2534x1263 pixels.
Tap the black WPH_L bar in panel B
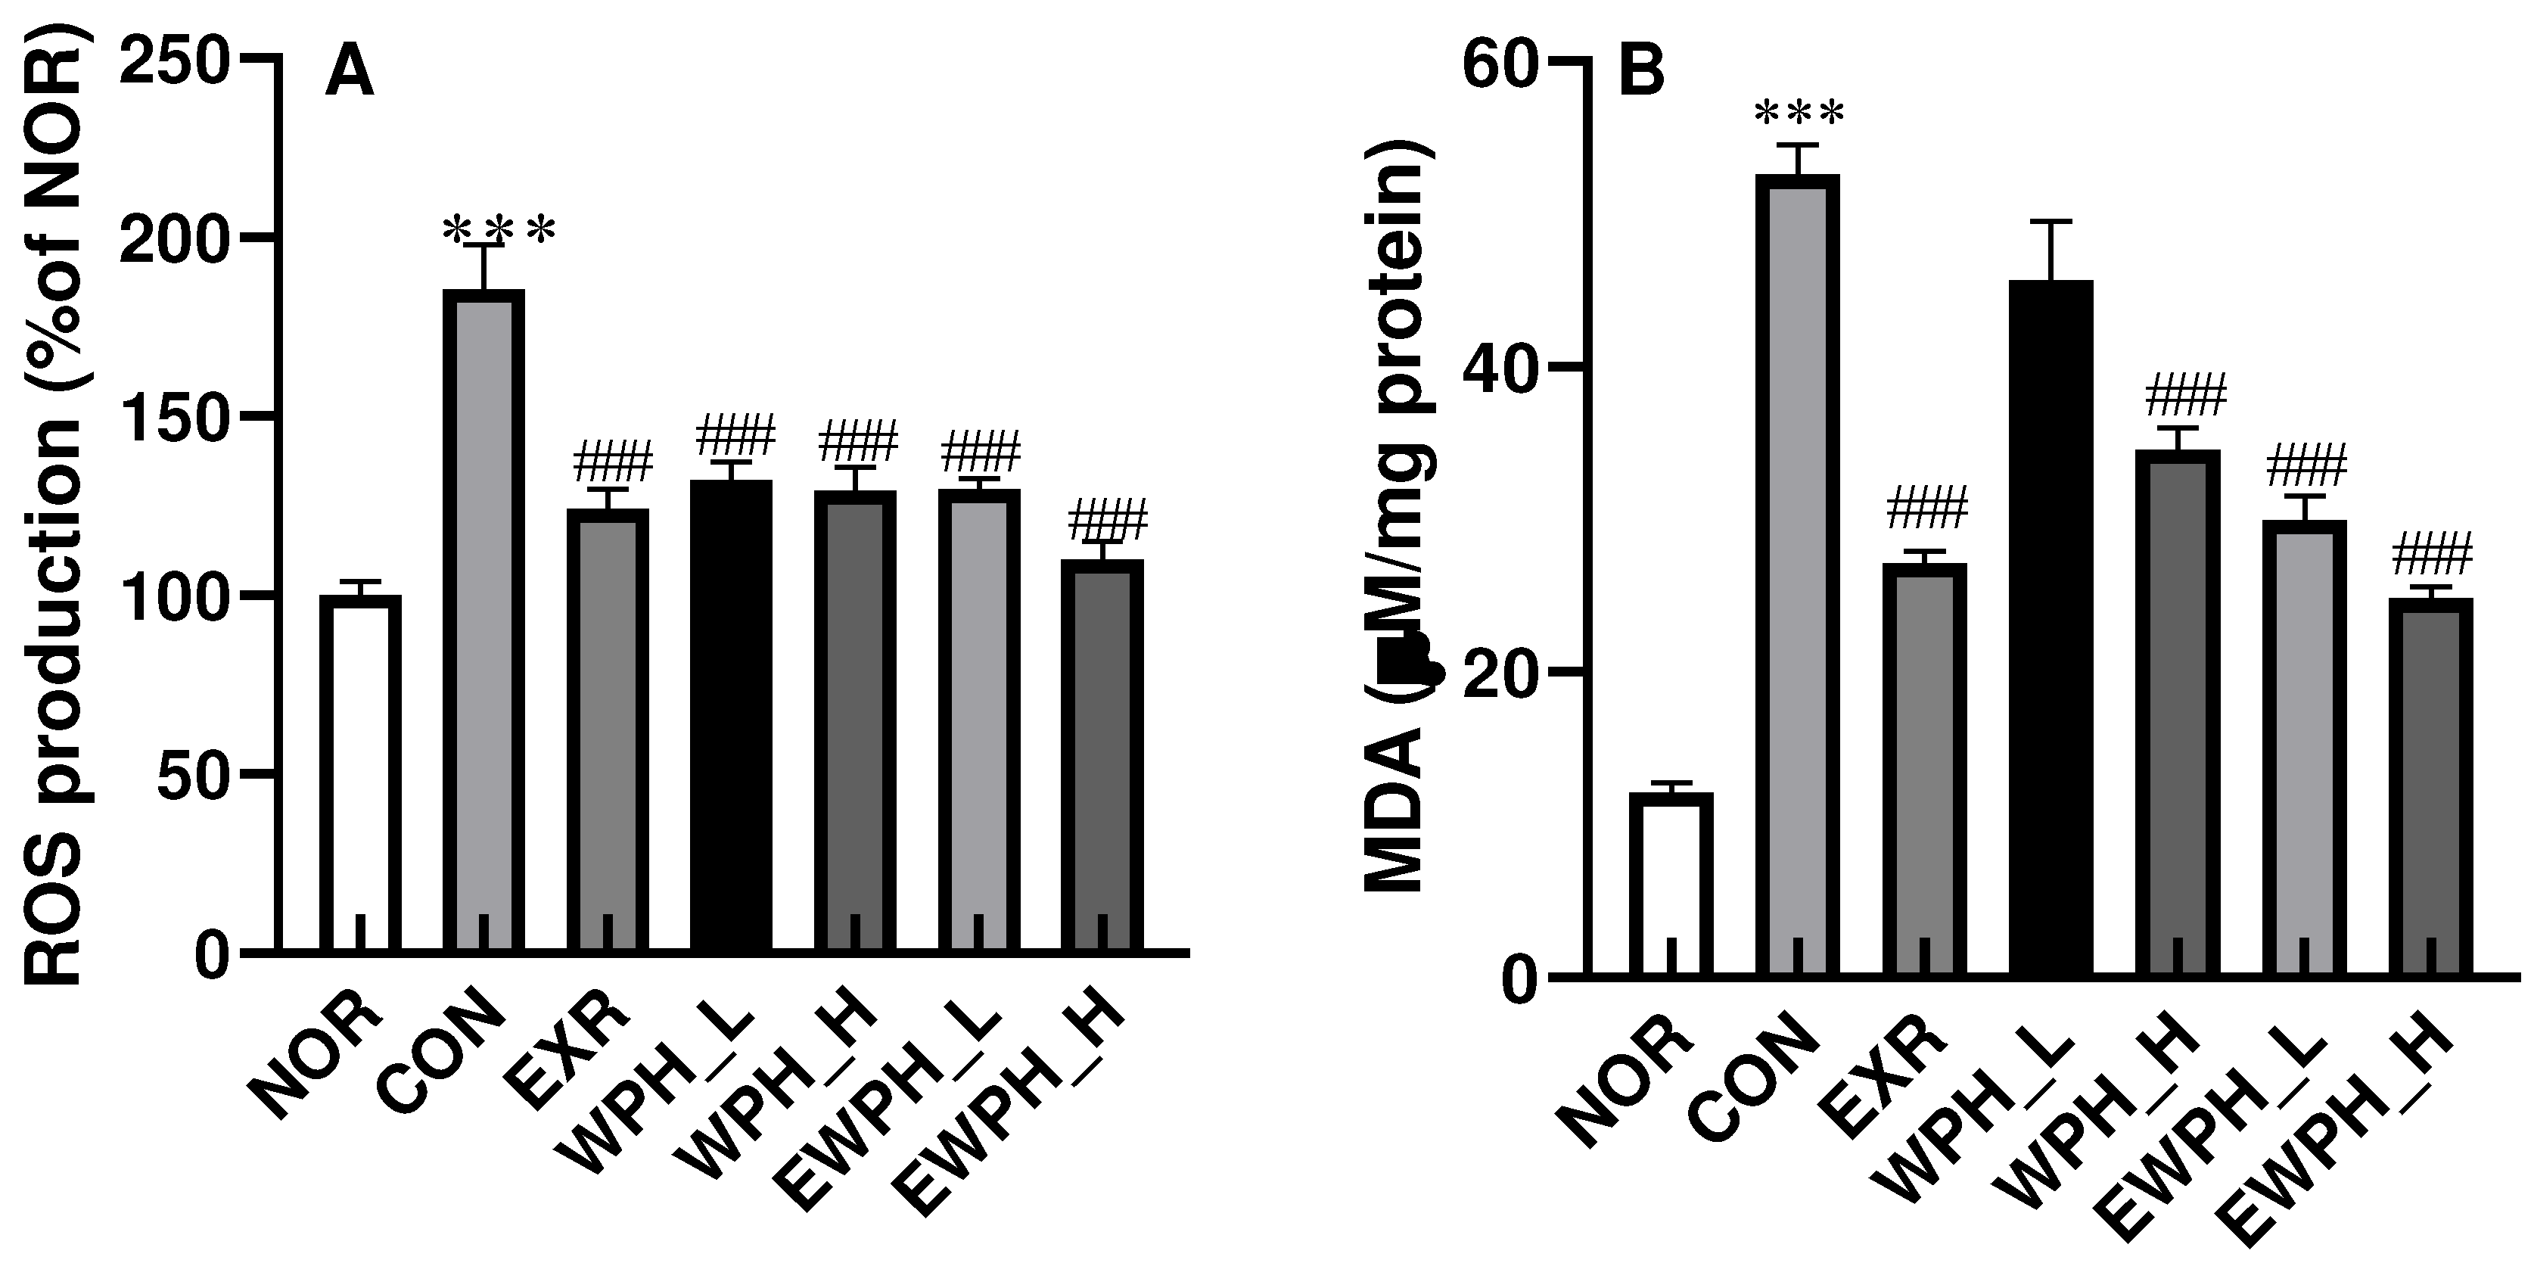(x=2051, y=630)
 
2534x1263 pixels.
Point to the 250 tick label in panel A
(x=173, y=61)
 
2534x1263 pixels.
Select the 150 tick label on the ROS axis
(x=173, y=417)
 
